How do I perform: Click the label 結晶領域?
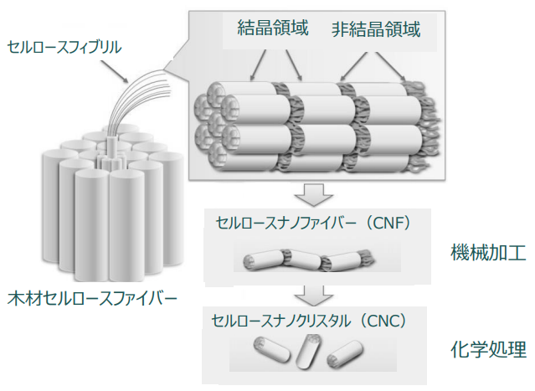[274, 29]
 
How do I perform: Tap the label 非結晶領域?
[376, 31]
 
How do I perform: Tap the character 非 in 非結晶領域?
[340, 31]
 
